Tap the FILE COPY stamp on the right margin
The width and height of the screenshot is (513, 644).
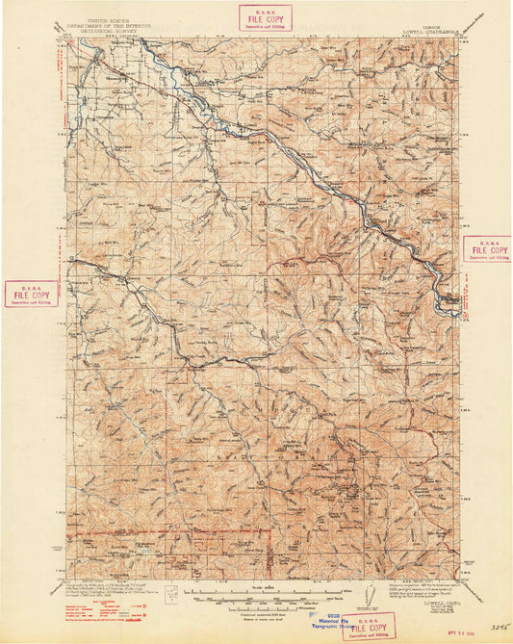click(x=486, y=249)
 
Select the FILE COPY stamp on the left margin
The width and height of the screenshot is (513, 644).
click(x=31, y=293)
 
